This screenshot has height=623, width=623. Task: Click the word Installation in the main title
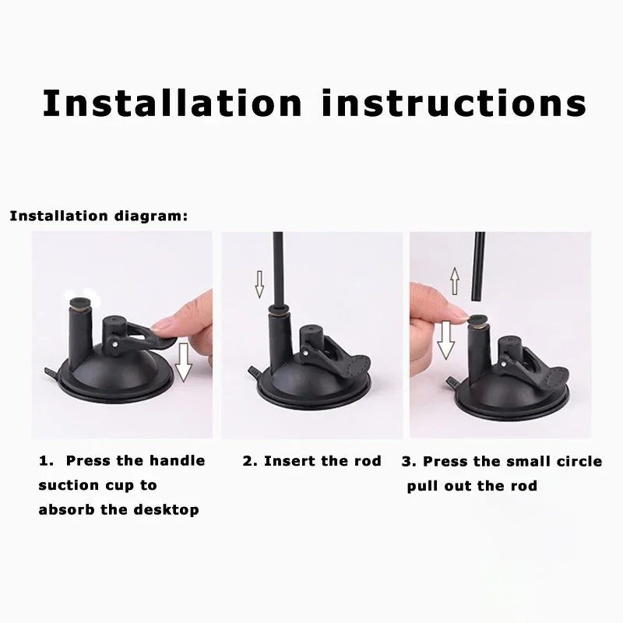click(x=172, y=103)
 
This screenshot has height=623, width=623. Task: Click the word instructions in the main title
click(x=454, y=103)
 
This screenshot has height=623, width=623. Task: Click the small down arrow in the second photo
click(x=259, y=284)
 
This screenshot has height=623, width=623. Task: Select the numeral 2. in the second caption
click(x=250, y=461)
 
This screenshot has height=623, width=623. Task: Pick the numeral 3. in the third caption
click(x=409, y=461)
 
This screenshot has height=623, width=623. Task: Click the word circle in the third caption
click(x=576, y=461)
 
